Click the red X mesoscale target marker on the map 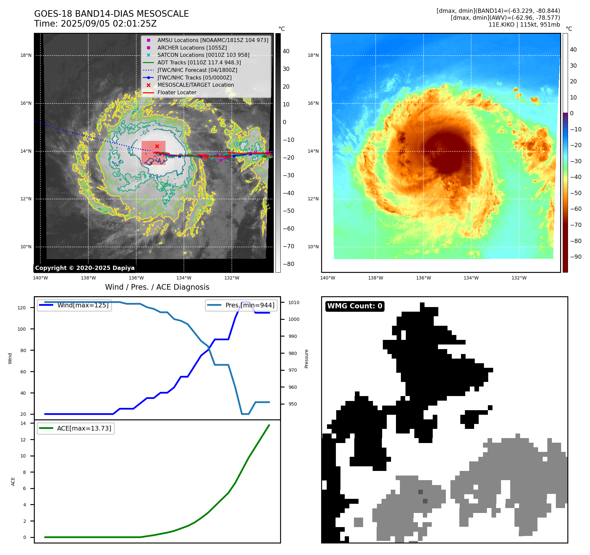click(x=157, y=146)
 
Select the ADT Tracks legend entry click(x=199, y=62)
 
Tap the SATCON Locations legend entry click(x=203, y=55)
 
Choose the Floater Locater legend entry click(x=177, y=92)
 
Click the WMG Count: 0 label click(x=355, y=306)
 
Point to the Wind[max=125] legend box click(x=75, y=305)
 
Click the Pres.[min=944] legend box click(x=242, y=305)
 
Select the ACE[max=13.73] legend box click(x=76, y=428)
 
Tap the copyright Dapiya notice click(x=85, y=268)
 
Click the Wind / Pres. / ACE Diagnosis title click(x=157, y=287)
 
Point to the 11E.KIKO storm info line click(x=524, y=25)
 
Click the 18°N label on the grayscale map click(x=26, y=55)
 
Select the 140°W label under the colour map click(x=328, y=278)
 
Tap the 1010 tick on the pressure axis click(x=294, y=302)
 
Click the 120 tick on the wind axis click(x=22, y=308)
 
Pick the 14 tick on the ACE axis click(x=23, y=423)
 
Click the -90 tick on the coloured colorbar click(x=576, y=257)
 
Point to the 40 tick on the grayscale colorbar click(x=286, y=51)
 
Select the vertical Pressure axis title click(x=306, y=359)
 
